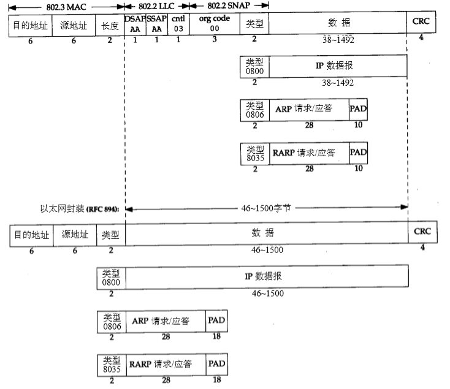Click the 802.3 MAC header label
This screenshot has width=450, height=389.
[x=66, y=6]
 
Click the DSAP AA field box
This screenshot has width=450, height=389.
[x=135, y=25]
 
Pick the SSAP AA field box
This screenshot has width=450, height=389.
[x=156, y=25]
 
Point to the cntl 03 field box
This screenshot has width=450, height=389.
[x=178, y=25]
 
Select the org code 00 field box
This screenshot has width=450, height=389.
[x=214, y=25]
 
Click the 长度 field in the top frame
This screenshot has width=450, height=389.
[x=110, y=25]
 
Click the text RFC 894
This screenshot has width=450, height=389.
[x=102, y=210]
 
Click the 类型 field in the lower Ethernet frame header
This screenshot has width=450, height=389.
[x=111, y=235]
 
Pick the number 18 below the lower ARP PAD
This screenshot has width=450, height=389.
[x=216, y=336]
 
